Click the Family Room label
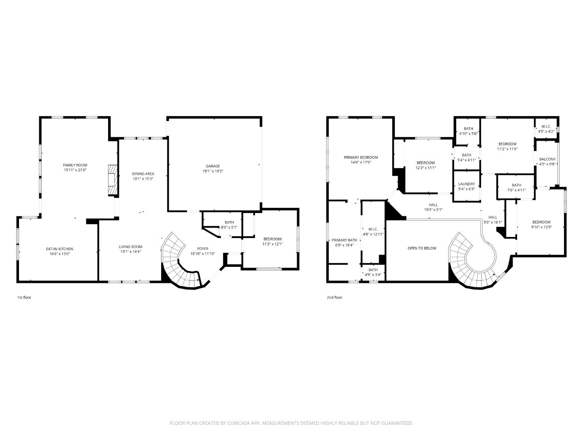[75, 165]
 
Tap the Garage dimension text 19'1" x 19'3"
[213, 171]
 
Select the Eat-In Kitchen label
[59, 249]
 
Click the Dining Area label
[143, 174]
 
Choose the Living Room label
[130, 247]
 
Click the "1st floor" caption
[24, 297]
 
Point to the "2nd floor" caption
[334, 297]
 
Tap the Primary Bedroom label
[361, 157]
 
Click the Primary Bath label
[344, 240]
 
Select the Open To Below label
[422, 248]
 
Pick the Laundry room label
[466, 184]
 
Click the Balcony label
[547, 159]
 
